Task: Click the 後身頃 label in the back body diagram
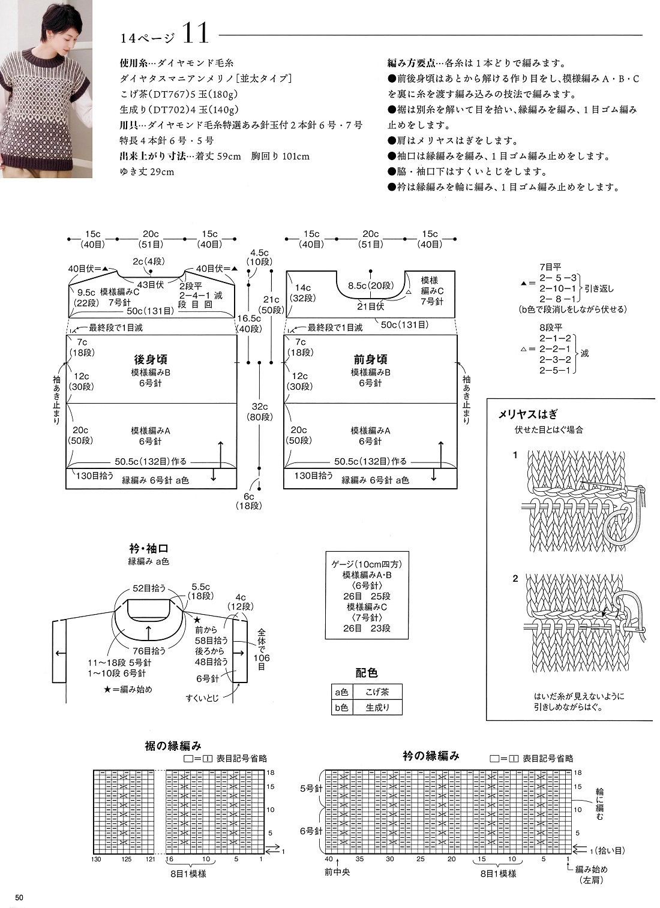[x=150, y=359]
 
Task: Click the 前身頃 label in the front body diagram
[x=370, y=359]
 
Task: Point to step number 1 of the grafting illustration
[x=515, y=455]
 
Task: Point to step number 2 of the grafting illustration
[x=515, y=579]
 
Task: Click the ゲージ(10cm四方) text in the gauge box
[x=367, y=564]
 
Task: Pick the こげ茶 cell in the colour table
[x=377, y=691]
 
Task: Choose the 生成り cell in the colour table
[x=377, y=707]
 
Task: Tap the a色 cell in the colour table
[x=341, y=691]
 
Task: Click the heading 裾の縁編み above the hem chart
[x=173, y=745]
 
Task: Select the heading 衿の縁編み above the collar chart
[x=431, y=756]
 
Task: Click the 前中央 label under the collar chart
[x=337, y=871]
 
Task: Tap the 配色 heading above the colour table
[x=366, y=673]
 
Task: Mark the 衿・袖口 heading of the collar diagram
[x=148, y=548]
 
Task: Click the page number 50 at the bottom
[x=19, y=898]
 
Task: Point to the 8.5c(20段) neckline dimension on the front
[x=370, y=286]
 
